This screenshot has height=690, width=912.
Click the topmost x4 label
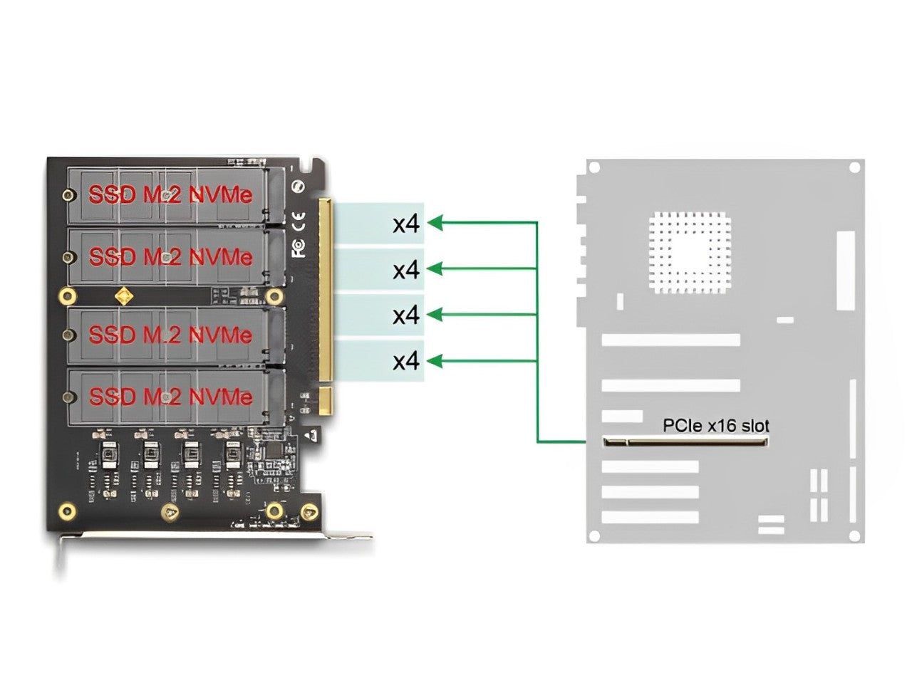[406, 224]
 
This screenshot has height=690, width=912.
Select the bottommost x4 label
[406, 362]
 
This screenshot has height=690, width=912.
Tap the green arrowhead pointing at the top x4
[435, 223]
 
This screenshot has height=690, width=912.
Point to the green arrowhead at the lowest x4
[435, 361]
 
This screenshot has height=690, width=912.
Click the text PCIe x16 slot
[715, 426]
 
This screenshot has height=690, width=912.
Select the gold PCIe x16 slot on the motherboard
[686, 442]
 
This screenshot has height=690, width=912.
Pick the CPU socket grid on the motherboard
[690, 253]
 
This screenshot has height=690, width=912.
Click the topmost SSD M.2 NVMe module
[171, 194]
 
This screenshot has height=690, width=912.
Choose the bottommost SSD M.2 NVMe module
[171, 396]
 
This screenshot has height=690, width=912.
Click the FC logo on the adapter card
[299, 247]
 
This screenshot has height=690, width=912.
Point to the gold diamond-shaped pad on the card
[125, 295]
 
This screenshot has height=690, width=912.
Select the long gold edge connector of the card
[325, 289]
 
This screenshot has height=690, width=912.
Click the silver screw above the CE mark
[299, 186]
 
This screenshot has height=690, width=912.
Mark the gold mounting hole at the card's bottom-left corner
[67, 510]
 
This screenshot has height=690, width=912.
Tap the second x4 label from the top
[406, 270]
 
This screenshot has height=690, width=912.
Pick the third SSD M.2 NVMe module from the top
[171, 334]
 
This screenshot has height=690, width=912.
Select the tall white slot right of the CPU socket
[845, 270]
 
